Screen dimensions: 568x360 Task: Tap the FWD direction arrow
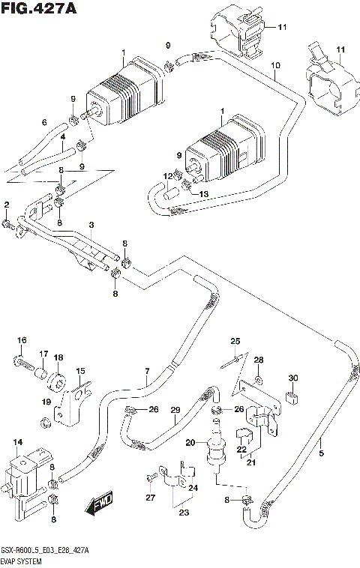100,506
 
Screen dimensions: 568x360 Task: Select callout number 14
18,443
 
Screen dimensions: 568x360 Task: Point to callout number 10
276,66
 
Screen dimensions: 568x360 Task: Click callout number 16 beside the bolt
22,341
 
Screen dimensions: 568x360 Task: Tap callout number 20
190,443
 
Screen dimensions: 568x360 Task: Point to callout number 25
235,342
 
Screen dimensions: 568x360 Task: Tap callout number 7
148,371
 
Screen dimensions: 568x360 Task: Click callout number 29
175,409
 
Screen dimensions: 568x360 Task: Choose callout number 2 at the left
6,205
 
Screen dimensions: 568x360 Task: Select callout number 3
90,225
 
